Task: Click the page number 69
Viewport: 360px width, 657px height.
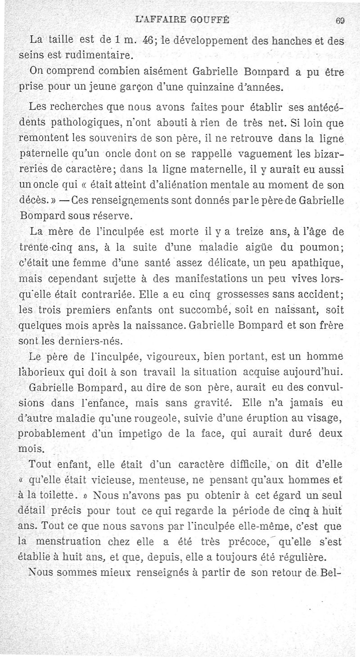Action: [x=340, y=20]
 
